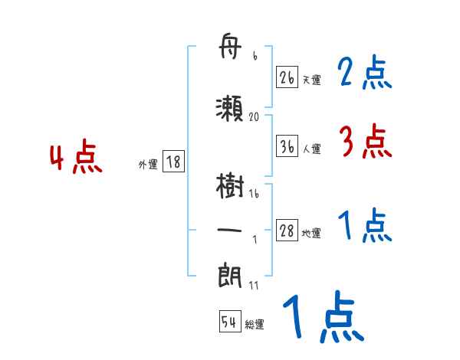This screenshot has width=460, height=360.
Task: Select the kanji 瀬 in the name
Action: pos(231,108)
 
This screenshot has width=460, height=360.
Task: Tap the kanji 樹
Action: pos(231,187)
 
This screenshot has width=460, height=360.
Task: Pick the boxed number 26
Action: pos(287,78)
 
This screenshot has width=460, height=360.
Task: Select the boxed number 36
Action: pos(287,148)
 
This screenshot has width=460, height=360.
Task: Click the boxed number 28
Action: pos(287,231)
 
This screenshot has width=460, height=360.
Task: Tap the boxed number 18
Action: pos(173,162)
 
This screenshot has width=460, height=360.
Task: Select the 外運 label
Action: pos(147,164)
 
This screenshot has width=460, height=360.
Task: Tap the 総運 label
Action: pos(255,325)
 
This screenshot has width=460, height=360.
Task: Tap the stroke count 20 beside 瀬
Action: pos(255,117)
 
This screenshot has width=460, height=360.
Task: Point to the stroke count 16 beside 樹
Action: pos(254,195)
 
